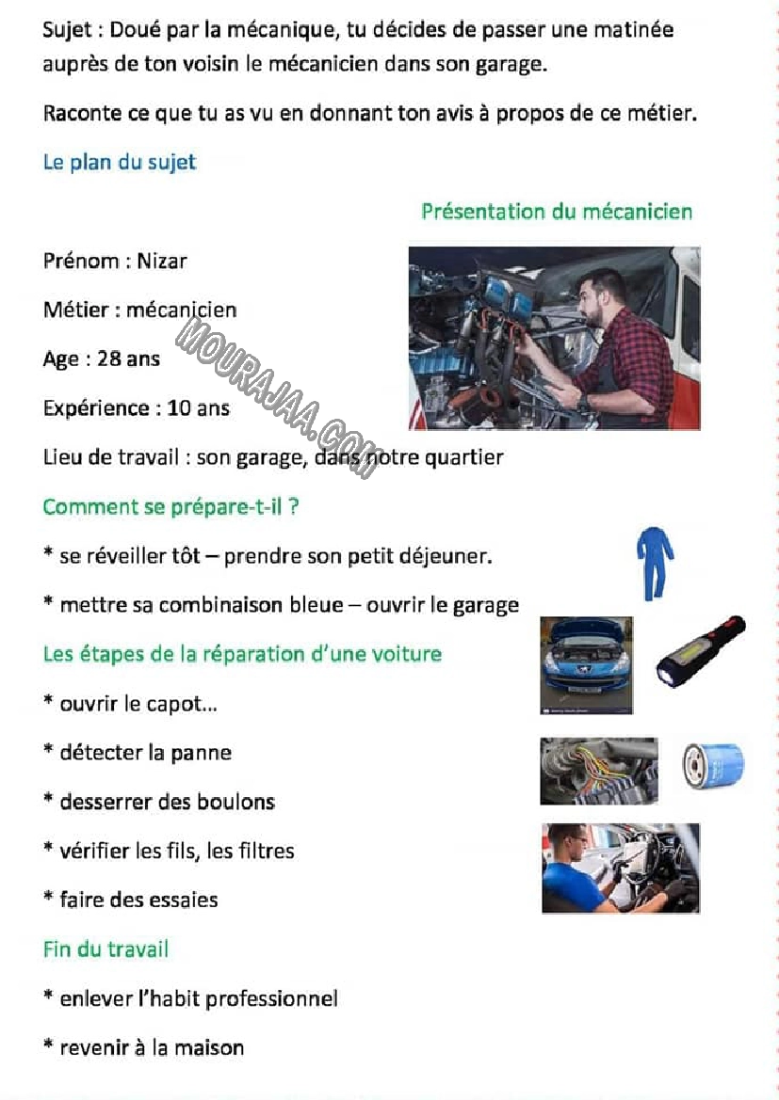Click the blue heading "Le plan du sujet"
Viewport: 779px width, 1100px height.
pos(119,162)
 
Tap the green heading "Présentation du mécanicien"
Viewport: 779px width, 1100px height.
pos(556,211)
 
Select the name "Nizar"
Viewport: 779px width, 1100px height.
pos(162,261)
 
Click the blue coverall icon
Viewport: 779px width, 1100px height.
pos(655,563)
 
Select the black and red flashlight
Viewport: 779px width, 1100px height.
pos(701,650)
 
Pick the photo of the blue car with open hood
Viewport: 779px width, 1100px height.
pos(586,664)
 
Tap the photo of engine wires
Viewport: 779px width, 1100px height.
pos(598,771)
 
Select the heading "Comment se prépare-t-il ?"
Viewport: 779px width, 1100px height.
pos(170,506)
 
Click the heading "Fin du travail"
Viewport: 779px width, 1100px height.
pos(105,949)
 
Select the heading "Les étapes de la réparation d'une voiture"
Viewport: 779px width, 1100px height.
pos(242,653)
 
